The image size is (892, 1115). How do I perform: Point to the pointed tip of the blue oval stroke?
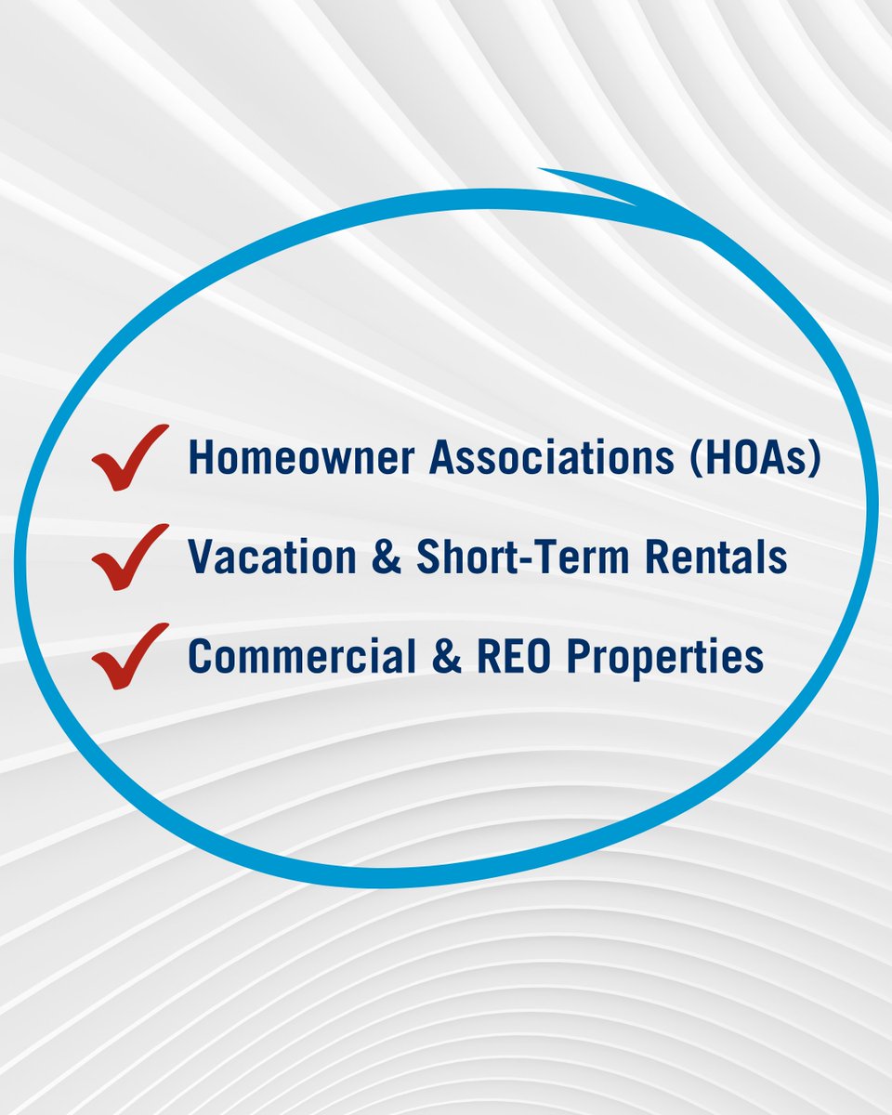[541, 170]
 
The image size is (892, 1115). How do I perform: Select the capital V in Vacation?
[201, 557]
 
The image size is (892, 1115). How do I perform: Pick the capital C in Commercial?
[200, 657]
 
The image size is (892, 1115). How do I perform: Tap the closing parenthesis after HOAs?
[814, 458]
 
